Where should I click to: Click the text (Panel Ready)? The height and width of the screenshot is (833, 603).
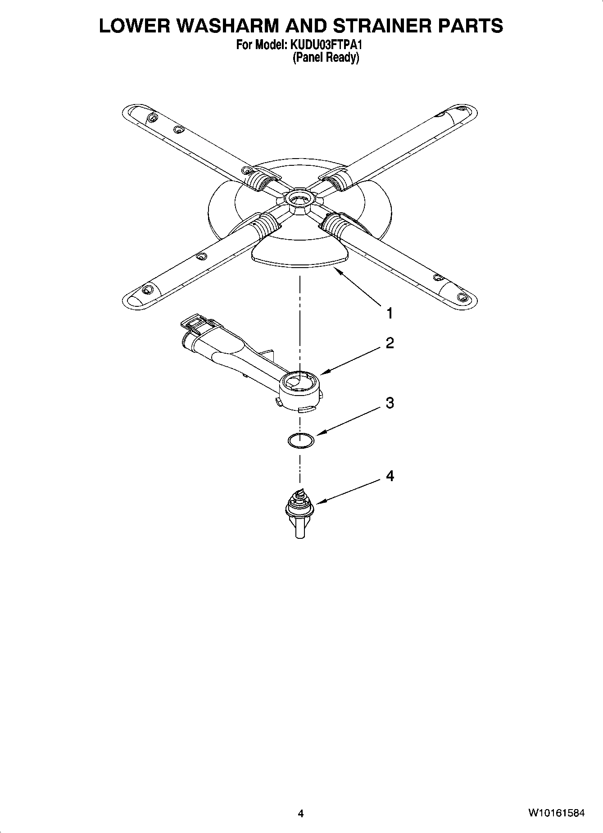tap(326, 58)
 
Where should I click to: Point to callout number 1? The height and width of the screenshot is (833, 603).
tap(390, 313)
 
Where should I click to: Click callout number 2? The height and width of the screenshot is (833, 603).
tap(390, 343)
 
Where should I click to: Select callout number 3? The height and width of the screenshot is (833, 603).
tap(390, 403)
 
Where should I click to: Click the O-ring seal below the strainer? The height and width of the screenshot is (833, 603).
tap(300, 440)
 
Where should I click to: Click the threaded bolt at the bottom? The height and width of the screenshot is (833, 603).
tap(299, 513)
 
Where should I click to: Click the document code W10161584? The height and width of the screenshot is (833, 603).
tap(557, 813)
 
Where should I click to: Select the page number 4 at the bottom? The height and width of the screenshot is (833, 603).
tap(301, 813)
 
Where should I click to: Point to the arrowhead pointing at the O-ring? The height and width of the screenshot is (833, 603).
tap(319, 434)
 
